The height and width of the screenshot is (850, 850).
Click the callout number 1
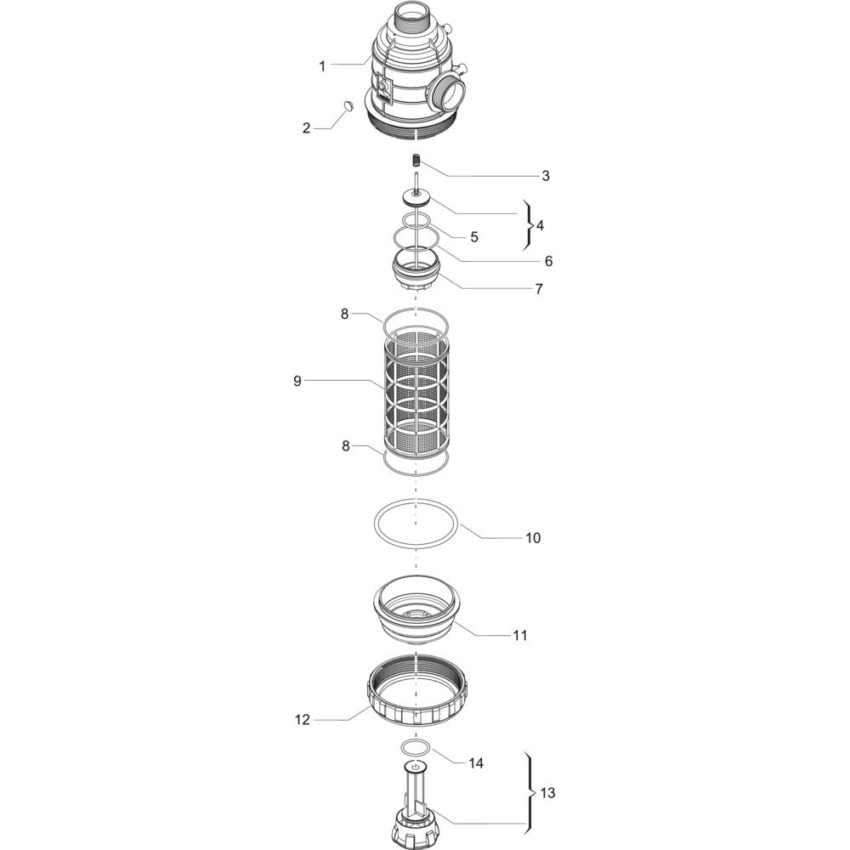click(x=322, y=66)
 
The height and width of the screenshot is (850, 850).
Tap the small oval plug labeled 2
click(x=348, y=105)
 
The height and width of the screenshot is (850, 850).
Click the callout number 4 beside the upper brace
click(x=540, y=225)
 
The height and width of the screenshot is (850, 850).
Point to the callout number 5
click(x=474, y=237)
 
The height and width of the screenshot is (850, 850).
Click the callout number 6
click(x=548, y=261)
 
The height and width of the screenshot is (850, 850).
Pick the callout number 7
click(x=539, y=289)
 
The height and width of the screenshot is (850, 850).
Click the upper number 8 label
click(x=345, y=314)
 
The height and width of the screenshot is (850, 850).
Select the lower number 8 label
click(x=346, y=447)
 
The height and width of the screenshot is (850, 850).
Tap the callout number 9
click(x=297, y=381)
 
